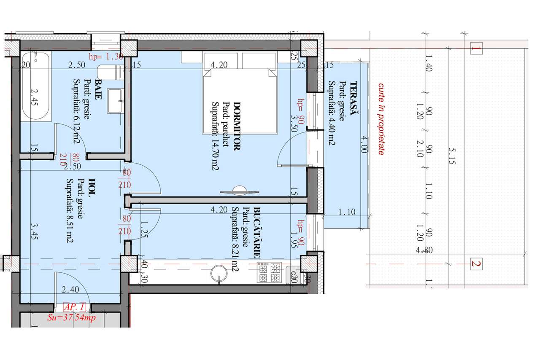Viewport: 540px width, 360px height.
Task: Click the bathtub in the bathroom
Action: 35,86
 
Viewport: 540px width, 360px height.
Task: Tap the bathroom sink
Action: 115,101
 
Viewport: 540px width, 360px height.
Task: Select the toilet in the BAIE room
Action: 111,72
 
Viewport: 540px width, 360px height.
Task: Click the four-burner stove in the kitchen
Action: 270,273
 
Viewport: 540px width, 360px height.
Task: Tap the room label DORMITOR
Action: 237,126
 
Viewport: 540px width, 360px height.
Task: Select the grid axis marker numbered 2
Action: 476,264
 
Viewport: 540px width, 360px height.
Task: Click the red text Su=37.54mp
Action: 73,317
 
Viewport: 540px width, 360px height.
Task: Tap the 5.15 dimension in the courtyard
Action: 451,156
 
